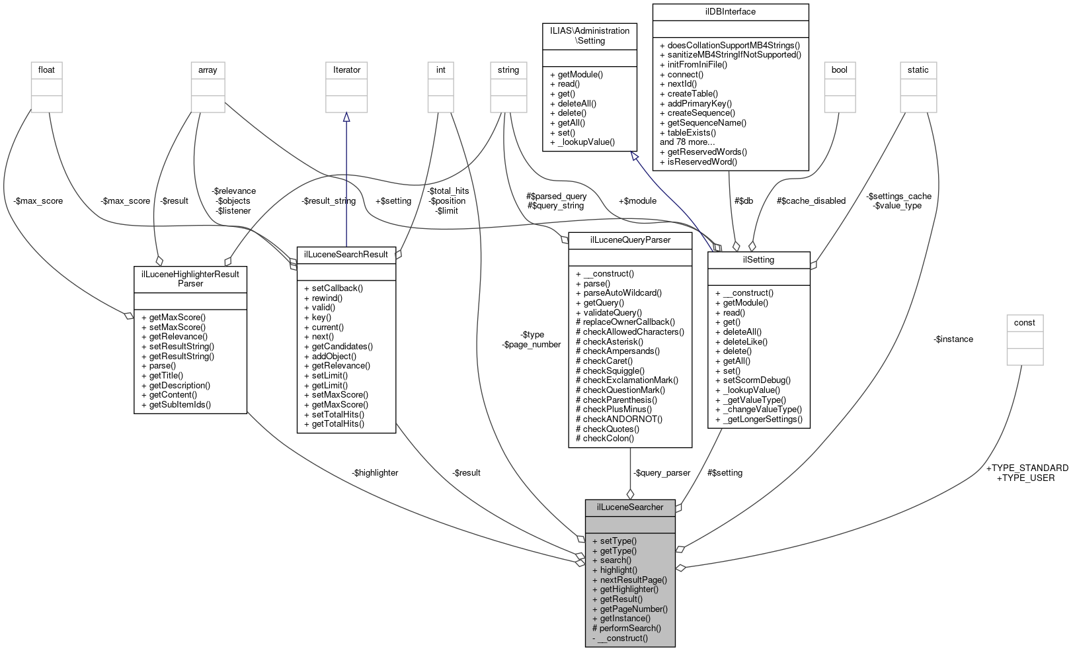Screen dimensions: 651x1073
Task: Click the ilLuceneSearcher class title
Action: click(x=629, y=507)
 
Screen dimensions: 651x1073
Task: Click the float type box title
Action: click(x=46, y=70)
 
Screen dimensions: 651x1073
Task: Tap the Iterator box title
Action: click(x=346, y=70)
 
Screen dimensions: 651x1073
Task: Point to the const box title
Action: click(x=1024, y=323)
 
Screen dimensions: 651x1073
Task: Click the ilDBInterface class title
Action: click(x=730, y=12)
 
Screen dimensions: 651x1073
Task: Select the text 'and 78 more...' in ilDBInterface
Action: click(x=687, y=142)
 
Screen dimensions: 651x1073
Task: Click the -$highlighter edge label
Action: click(x=375, y=472)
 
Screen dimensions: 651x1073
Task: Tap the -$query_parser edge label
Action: click(x=661, y=472)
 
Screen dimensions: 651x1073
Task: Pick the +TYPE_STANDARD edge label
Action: click(x=1027, y=468)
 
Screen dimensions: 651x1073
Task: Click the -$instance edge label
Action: click(x=953, y=339)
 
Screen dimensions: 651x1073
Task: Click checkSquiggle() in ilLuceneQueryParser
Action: click(x=610, y=370)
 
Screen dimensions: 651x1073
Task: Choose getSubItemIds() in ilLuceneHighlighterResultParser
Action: click(x=176, y=404)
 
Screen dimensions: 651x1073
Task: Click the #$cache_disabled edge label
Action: click(x=811, y=200)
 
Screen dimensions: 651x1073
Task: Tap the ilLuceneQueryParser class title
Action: click(x=629, y=240)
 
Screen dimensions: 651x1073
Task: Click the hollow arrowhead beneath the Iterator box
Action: click(x=346, y=117)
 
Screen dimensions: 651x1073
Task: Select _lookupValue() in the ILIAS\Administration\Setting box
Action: click(x=582, y=142)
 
